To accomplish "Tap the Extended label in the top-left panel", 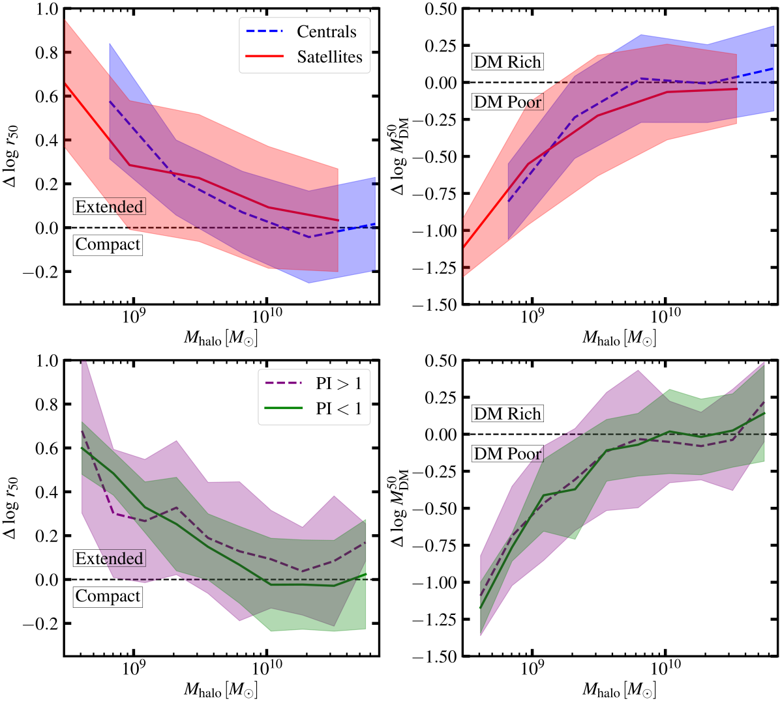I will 109,207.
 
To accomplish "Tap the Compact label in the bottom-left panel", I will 108,596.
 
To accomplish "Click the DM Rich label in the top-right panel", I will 507,63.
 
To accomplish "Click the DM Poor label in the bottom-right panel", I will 507,453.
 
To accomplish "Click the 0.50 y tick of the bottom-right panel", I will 440,361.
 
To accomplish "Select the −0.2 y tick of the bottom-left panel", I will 40,623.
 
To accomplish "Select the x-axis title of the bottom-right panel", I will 619,689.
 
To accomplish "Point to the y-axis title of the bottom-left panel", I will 10,508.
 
